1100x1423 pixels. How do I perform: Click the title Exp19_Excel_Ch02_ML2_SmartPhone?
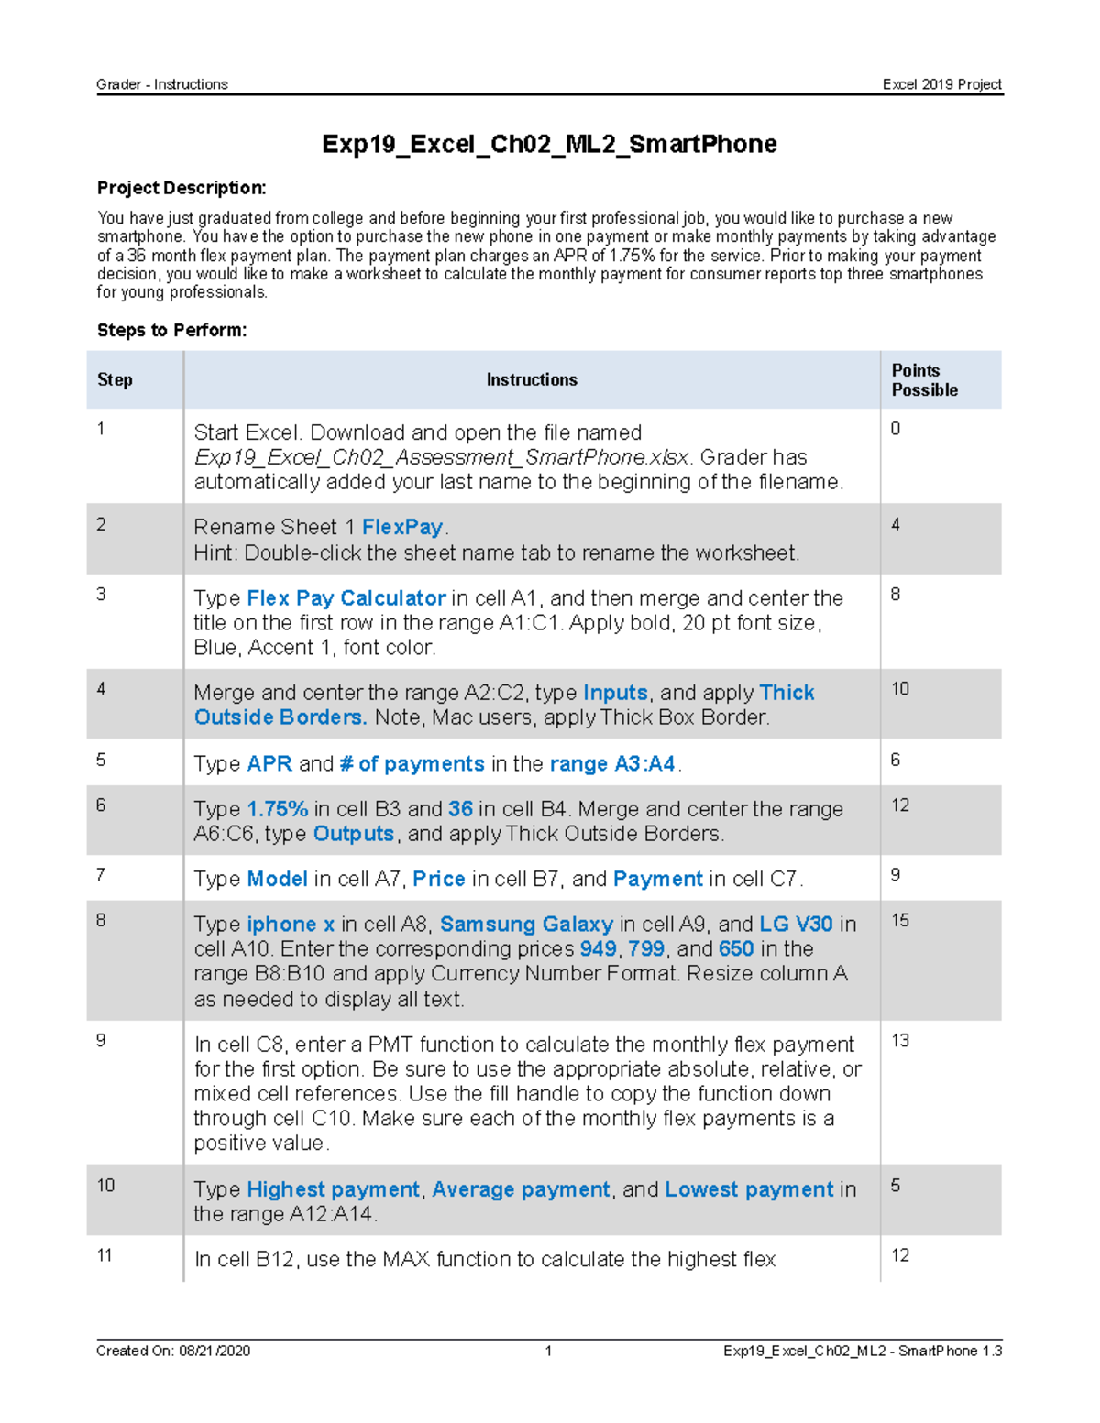coord(549,144)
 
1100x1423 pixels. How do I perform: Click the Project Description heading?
coord(181,188)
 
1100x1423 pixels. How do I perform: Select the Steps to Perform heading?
coord(171,330)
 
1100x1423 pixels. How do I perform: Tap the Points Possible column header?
coord(924,379)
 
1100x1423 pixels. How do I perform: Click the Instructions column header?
coord(532,379)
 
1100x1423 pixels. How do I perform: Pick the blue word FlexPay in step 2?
coord(402,527)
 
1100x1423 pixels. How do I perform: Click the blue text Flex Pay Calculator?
coord(346,598)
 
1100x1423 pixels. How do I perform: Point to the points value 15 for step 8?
coord(900,920)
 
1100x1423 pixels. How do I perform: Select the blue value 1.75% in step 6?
coord(277,809)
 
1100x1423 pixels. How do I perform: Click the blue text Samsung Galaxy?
coord(526,924)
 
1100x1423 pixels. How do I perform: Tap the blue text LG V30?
coord(796,924)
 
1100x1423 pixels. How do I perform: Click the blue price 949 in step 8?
coord(598,948)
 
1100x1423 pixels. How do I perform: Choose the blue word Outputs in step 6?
coord(353,834)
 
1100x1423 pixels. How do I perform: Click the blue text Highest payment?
coord(333,1189)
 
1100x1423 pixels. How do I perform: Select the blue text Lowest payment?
coord(749,1189)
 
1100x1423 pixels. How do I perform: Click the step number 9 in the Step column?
coord(101,1040)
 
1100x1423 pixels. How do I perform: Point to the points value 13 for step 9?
coord(900,1040)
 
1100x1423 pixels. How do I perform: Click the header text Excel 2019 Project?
coord(941,84)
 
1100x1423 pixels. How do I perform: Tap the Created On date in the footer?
coord(173,1351)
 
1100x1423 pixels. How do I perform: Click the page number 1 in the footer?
coord(548,1351)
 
